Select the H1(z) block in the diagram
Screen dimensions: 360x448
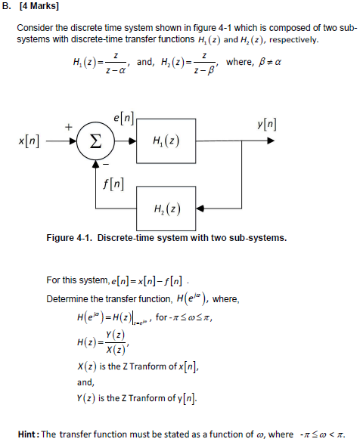(166, 141)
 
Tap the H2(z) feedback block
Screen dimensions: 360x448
(166, 209)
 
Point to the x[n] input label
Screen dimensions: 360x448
(29, 141)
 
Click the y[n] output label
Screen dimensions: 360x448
(266, 125)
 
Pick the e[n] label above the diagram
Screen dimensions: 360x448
(123, 118)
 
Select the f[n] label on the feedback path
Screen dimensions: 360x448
(113, 184)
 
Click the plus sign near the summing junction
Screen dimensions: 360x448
(68, 127)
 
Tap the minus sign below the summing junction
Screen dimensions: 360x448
(106, 165)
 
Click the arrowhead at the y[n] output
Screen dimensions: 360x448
(271, 141)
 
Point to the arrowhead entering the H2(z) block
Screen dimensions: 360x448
(200, 209)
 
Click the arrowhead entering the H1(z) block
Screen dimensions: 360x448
(132, 141)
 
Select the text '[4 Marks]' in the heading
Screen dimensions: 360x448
(39, 6)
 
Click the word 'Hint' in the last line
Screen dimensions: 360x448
(27, 434)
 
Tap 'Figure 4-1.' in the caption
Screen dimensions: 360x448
(70, 238)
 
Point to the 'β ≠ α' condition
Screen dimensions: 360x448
(270, 62)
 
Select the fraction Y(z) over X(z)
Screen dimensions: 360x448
(116, 342)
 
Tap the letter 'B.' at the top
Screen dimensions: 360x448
(6, 6)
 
